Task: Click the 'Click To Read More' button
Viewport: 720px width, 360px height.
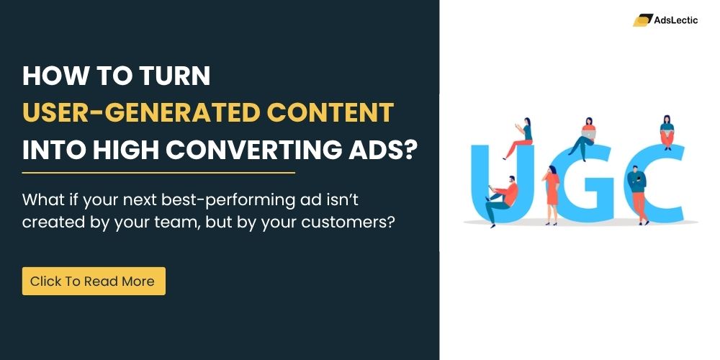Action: pos(93,282)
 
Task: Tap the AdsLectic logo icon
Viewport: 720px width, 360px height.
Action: pos(642,20)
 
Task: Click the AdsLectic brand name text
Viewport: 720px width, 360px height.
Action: pos(676,20)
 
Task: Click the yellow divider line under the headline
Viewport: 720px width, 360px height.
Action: pos(158,173)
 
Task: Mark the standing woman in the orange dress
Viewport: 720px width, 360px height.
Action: pos(552,192)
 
